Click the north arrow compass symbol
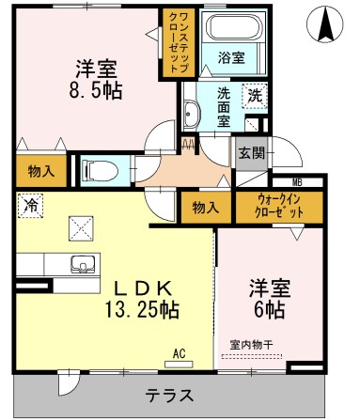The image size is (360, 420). [326, 24]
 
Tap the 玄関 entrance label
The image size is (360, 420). [251, 153]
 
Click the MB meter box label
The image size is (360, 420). [297, 181]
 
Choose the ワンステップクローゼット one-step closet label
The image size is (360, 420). [177, 42]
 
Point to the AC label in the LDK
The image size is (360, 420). [180, 354]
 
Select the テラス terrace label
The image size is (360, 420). [169, 395]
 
